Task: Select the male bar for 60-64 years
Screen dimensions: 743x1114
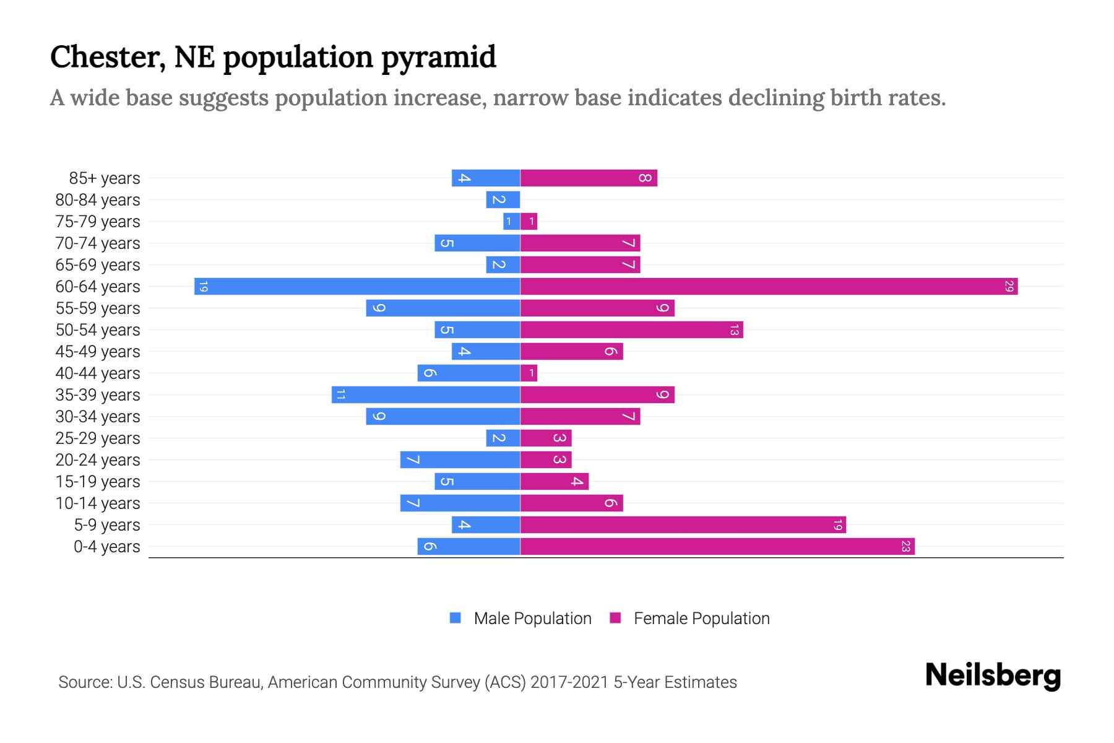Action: (357, 287)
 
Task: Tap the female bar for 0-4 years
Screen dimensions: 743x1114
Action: (717, 547)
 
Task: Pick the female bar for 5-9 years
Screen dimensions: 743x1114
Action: (683, 525)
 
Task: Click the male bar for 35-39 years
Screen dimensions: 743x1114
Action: (426, 395)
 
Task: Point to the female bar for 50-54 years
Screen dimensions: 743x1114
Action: (631, 330)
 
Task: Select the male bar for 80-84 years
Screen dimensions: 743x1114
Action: (503, 200)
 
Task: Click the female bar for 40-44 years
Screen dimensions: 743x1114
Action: (529, 373)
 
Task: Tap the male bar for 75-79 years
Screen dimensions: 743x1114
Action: (511, 222)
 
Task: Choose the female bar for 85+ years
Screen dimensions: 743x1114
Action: (589, 178)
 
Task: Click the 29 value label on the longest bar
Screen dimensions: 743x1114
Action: (1009, 287)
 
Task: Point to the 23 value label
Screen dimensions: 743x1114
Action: (905, 547)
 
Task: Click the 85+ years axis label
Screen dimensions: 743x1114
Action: (104, 178)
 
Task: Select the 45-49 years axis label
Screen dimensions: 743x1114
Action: (98, 352)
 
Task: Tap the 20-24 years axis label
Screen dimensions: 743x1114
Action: (98, 460)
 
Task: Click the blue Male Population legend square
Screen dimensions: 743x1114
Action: (456, 618)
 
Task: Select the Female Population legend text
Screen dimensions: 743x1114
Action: (701, 619)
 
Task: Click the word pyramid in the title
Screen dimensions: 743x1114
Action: (438, 58)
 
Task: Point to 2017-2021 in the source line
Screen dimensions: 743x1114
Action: (569, 682)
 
